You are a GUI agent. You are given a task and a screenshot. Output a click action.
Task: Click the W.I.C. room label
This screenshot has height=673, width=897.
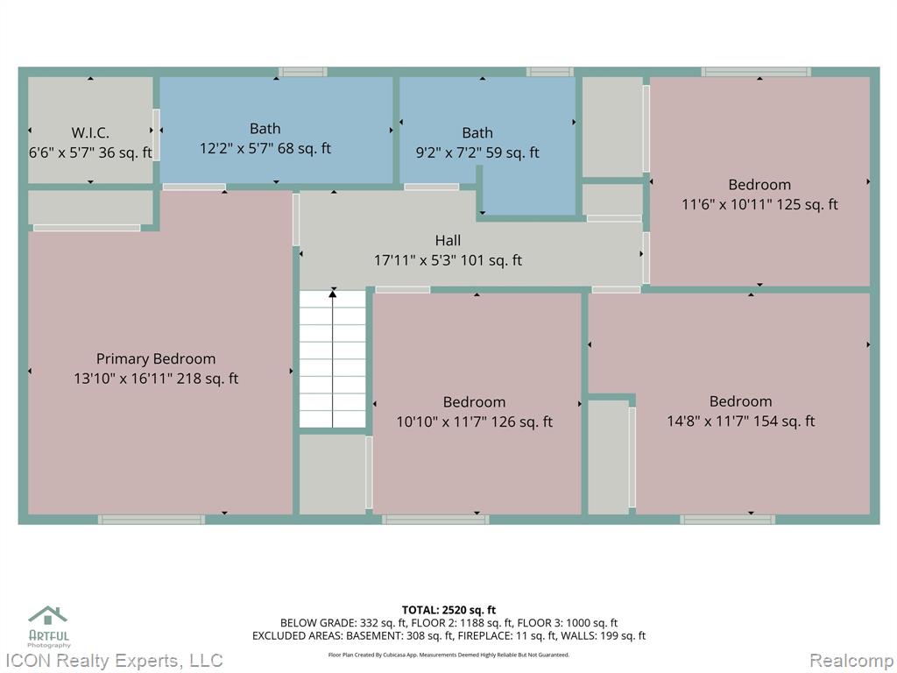(x=90, y=133)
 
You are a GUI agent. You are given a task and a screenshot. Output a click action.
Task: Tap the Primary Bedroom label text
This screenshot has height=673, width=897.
(x=156, y=358)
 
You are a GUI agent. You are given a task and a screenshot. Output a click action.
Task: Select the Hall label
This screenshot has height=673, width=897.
(x=448, y=240)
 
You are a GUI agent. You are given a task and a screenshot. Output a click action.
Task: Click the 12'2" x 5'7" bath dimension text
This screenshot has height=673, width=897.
(x=265, y=148)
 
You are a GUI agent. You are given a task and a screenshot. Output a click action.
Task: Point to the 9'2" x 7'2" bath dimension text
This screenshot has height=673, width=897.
(x=477, y=152)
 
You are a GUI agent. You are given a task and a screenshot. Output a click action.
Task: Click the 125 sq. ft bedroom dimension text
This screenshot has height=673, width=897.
(x=759, y=204)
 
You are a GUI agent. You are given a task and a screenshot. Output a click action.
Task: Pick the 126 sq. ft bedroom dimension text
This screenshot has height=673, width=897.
(x=474, y=422)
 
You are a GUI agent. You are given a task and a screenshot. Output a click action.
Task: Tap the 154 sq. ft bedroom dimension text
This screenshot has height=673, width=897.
(x=741, y=422)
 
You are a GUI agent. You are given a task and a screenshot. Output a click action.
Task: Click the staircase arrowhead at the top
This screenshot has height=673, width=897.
(x=332, y=294)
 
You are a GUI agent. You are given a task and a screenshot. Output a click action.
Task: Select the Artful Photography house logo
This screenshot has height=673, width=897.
(x=48, y=615)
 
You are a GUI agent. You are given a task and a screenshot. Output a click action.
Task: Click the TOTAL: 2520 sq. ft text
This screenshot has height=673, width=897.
(x=448, y=610)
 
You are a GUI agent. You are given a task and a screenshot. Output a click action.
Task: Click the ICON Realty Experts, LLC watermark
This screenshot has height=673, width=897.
(x=111, y=661)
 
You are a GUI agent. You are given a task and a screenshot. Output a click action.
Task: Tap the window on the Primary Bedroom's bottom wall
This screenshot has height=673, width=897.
(x=151, y=520)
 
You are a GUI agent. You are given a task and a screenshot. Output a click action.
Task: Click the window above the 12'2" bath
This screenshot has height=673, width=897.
(x=302, y=72)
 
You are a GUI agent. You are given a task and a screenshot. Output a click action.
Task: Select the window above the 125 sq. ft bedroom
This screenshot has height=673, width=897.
(x=756, y=72)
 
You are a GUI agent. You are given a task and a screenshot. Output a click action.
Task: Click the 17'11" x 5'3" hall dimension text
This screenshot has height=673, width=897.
(x=448, y=260)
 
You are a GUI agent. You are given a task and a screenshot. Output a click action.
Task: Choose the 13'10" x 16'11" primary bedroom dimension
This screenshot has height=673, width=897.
(x=156, y=379)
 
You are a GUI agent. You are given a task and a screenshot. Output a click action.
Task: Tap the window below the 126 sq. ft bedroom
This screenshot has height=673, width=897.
(x=435, y=520)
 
